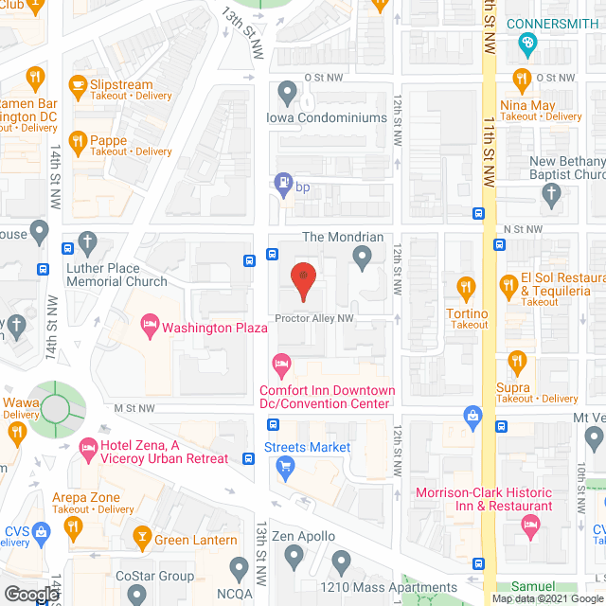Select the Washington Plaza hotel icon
tap(150, 328)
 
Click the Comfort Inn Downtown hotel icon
tap(280, 363)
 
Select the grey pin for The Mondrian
tap(362, 256)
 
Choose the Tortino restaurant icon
tap(465, 286)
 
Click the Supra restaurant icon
tap(516, 361)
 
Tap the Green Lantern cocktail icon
tap(142, 539)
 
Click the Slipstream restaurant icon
tap(77, 82)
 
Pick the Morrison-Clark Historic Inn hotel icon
tap(532, 523)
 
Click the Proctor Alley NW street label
tap(314, 318)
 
